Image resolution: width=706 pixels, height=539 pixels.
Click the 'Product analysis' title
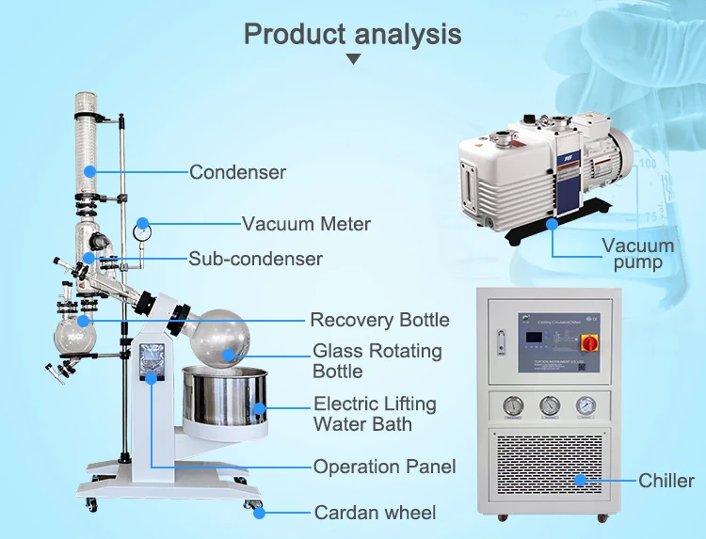(x=353, y=34)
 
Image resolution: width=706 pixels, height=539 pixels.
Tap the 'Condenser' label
(x=237, y=172)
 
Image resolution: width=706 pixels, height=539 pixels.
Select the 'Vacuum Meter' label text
(x=306, y=224)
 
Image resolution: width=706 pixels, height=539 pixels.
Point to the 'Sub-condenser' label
(x=255, y=259)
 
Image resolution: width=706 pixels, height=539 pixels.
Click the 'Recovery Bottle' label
(x=379, y=320)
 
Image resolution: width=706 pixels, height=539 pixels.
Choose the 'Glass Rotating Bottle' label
(x=377, y=361)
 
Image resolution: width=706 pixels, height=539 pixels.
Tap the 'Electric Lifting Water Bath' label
(x=375, y=414)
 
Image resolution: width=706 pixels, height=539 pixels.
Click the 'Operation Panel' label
(x=384, y=467)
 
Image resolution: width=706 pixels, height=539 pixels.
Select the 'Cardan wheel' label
(x=375, y=513)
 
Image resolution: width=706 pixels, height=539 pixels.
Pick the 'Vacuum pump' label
(x=637, y=254)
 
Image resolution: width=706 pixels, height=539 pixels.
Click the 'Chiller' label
(x=666, y=481)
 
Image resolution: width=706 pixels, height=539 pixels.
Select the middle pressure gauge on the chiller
(x=548, y=405)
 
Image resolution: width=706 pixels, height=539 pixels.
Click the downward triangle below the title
(x=353, y=58)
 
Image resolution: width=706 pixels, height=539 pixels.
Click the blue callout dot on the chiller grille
(x=581, y=480)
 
